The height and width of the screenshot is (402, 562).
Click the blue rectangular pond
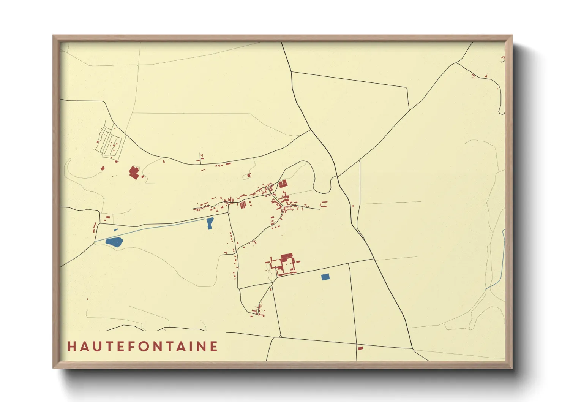[x=325, y=277]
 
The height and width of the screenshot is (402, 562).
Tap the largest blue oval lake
[x=114, y=242]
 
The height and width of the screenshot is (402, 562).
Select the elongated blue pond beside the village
[x=209, y=223]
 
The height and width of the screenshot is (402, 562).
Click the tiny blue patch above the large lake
[x=116, y=230]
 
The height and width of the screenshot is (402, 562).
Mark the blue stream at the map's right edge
[x=503, y=258]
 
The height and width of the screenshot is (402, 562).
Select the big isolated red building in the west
[x=133, y=172]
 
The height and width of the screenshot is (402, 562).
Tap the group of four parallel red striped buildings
[x=243, y=205]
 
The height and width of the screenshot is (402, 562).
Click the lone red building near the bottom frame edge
[x=360, y=348]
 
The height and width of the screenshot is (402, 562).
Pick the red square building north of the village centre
[x=283, y=184]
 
